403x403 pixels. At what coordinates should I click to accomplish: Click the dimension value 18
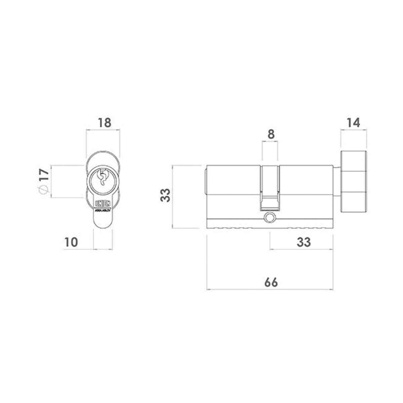point(104,122)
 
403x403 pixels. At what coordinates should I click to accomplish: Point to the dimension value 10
point(72,241)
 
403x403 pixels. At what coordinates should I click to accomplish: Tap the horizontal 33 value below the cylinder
point(304,241)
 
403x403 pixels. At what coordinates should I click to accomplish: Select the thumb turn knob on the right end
point(354,181)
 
